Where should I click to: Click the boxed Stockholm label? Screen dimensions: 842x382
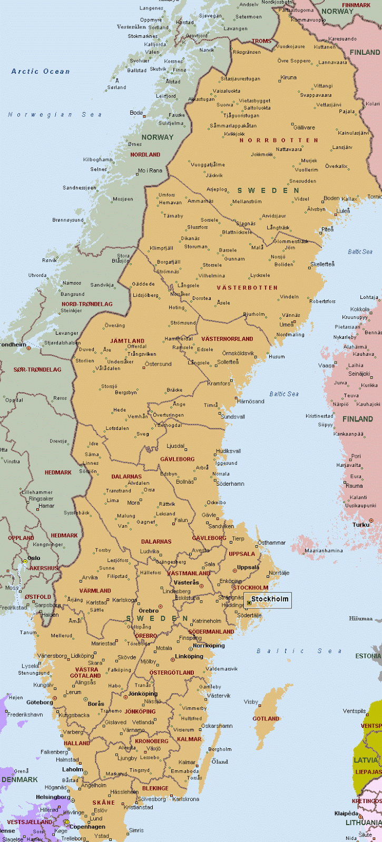pos(270,599)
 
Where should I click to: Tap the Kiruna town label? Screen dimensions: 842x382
pos(289,77)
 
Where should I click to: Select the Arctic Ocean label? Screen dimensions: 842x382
pos(41,72)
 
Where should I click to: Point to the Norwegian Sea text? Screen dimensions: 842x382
pos(55,115)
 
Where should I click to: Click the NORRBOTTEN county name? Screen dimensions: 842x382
pos(279,141)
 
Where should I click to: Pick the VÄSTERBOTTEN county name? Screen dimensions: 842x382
pos(247,288)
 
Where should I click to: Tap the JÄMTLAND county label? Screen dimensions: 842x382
pos(127,341)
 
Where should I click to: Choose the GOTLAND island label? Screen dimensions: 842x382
pos(266,719)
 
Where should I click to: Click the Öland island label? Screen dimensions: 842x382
pos(220,761)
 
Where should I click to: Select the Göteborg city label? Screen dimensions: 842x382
pos(40,702)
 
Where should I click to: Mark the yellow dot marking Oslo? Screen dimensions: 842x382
pos(25,562)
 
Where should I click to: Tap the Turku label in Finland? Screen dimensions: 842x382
pos(361,525)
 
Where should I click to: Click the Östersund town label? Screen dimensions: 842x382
pos(158,364)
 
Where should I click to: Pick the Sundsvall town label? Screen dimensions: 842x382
pos(232,417)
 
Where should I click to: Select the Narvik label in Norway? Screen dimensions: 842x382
pos(207,50)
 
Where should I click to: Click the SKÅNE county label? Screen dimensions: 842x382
pos(104,803)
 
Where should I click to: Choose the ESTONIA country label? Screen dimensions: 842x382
pos(368,656)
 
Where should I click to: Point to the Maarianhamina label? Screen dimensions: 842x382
pos(324,551)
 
